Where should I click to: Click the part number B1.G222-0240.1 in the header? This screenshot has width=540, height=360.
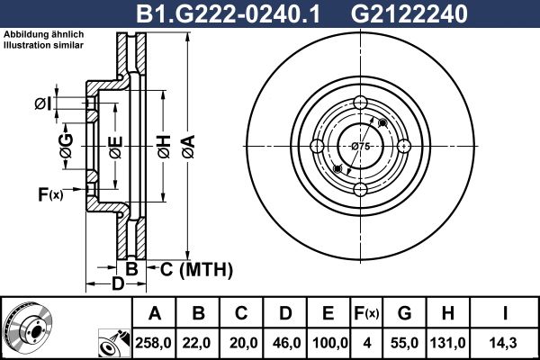[228, 13]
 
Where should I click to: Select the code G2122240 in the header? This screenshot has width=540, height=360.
[409, 13]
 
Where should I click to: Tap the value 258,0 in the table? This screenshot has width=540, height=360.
[153, 343]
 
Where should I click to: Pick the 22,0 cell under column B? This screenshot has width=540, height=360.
[197, 343]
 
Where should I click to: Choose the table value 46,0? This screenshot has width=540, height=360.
[287, 343]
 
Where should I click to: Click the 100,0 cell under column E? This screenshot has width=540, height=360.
[329, 343]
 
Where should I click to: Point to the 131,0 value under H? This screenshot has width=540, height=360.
[447, 343]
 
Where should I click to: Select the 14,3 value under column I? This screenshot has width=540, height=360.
[504, 343]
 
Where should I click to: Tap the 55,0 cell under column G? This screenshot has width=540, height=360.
[405, 343]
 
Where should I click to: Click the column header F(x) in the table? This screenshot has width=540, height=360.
[366, 313]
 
